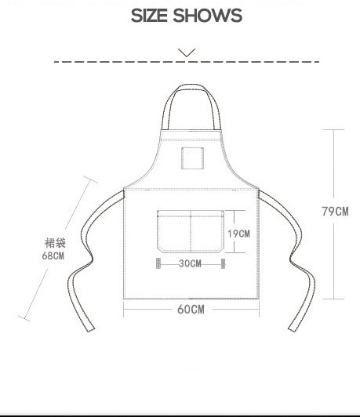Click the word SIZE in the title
pos(149,16)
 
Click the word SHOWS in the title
pos(208,16)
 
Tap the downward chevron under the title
pos(187,53)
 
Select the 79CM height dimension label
pos(335,212)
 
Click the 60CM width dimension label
pos(191,310)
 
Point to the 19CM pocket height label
pos(238,234)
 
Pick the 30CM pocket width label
pos(190,263)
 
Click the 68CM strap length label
pos(53,256)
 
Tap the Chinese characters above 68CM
pos(55,243)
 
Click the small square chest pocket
pos(193,158)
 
